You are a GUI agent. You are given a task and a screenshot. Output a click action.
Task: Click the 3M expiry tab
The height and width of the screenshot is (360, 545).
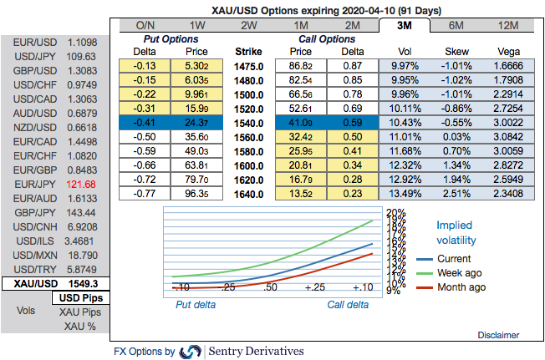pyautogui.click(x=403, y=25)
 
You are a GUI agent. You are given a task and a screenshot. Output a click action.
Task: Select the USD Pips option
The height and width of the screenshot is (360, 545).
pyautogui.click(x=80, y=297)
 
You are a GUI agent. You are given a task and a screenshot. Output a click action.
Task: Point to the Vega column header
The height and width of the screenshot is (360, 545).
pyautogui.click(x=508, y=51)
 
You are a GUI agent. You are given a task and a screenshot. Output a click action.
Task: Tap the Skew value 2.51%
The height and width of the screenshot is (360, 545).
pyautogui.click(x=456, y=194)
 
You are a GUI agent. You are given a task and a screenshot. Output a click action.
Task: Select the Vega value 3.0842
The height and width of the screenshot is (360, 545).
pyautogui.click(x=508, y=137)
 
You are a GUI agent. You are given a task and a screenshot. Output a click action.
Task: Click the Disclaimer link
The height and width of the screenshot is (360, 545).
pyautogui.click(x=498, y=335)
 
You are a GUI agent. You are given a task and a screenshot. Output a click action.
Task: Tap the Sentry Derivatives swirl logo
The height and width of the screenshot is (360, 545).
pyautogui.click(x=191, y=352)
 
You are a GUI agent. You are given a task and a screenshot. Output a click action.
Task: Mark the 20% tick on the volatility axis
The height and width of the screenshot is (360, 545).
pyautogui.click(x=395, y=211)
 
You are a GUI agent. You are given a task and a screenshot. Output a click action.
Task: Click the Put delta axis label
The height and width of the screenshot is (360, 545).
pyautogui.click(x=195, y=305)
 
